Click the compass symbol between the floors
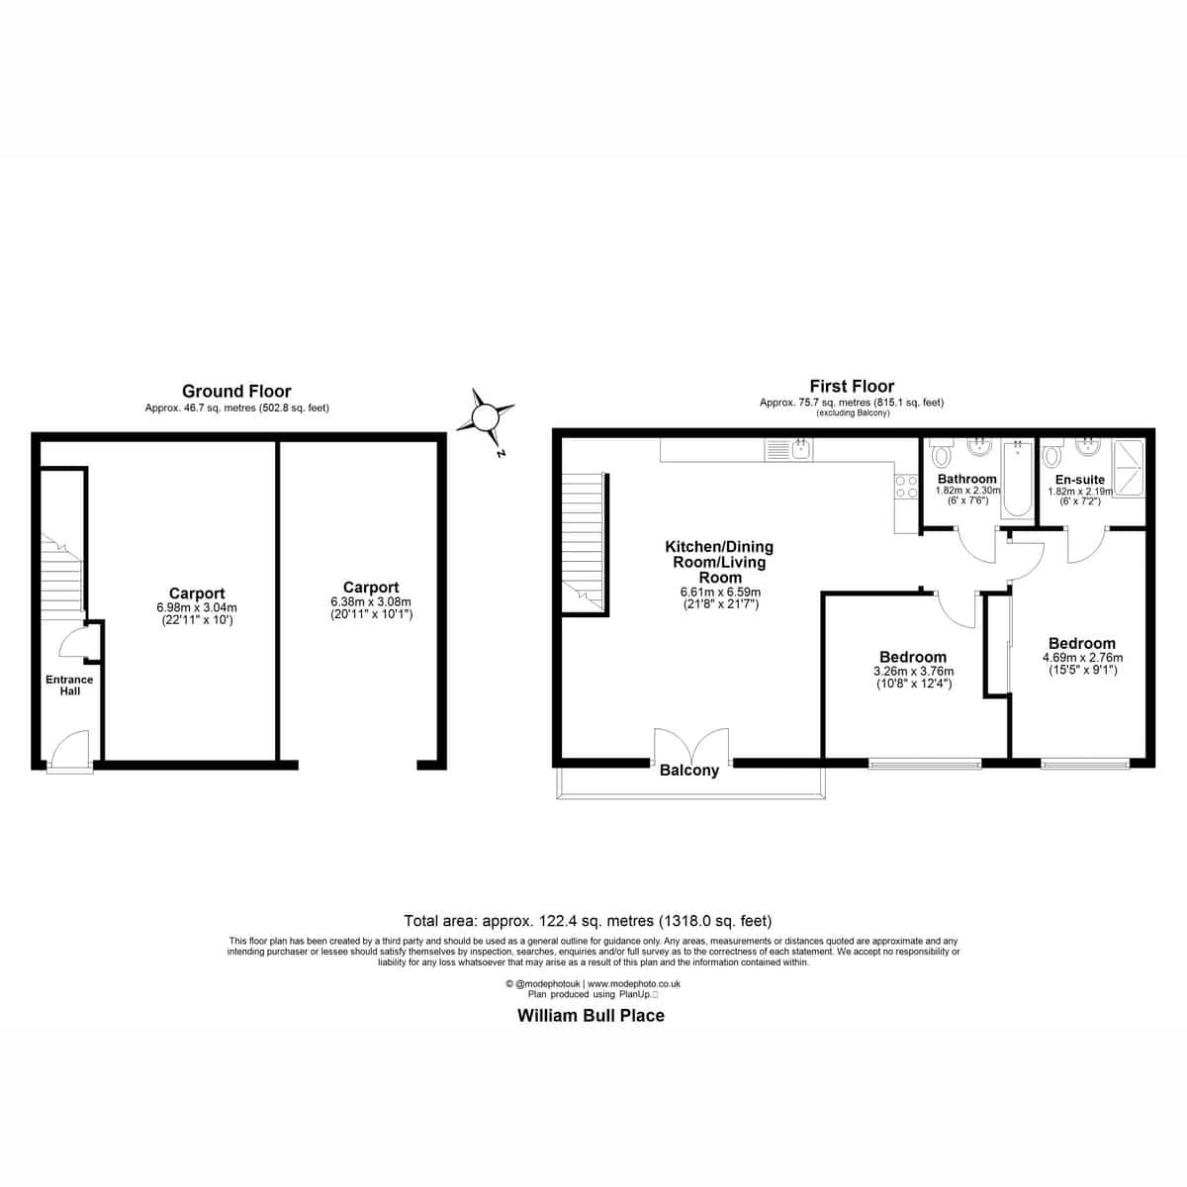[x=486, y=418]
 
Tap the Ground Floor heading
[x=236, y=391]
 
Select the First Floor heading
[x=852, y=386]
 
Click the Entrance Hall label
[x=69, y=685]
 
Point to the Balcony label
[x=689, y=771]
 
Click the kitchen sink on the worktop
[x=788, y=450]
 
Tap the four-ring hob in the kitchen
[x=906, y=487]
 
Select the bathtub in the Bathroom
[x=1017, y=478]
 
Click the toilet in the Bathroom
[x=942, y=454]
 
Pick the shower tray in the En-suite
[x=1129, y=467]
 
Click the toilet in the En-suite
[x=1052, y=454]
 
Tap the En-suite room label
[x=1080, y=479]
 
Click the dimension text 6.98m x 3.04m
[x=197, y=607]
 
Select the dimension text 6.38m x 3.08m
[x=371, y=601]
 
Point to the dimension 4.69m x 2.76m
[x=1082, y=657]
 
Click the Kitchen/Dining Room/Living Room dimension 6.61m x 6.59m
[x=720, y=592]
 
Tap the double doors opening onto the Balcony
[x=691, y=747]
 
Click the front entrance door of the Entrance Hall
[x=69, y=751]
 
